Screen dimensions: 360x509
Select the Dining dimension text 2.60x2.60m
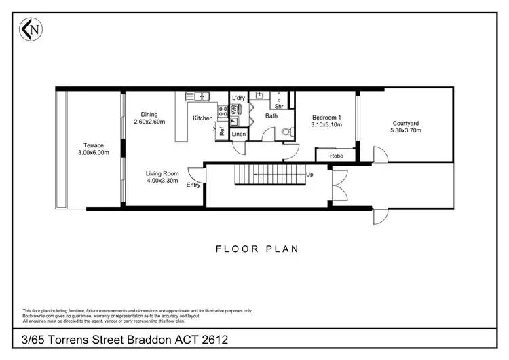(149, 122)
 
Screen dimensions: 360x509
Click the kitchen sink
(200, 97)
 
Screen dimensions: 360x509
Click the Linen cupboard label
(238, 134)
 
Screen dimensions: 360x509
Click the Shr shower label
(278, 107)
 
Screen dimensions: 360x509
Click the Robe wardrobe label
(336, 156)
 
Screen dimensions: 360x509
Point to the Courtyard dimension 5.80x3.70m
(407, 130)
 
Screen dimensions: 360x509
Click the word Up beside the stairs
(309, 175)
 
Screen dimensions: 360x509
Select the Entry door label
(193, 185)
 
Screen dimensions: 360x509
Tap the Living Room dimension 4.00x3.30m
(162, 181)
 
